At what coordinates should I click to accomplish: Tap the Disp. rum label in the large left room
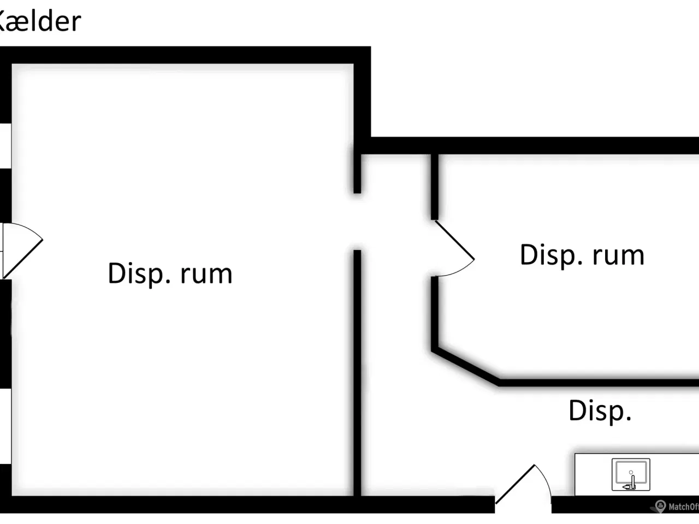coord(170,273)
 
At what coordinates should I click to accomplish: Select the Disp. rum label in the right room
coord(582,255)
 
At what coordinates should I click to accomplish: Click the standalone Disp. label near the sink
coord(600,410)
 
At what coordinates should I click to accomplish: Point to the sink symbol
coord(631,474)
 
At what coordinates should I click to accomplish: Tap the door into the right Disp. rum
coord(454,249)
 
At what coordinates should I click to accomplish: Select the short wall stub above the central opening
coord(357,174)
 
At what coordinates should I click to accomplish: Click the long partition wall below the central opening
coord(357,371)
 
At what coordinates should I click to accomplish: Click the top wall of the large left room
coord(186,55)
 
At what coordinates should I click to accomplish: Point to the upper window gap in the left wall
coord(5,146)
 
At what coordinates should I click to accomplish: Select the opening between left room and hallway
coord(357,222)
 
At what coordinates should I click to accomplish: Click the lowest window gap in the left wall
coord(5,426)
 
